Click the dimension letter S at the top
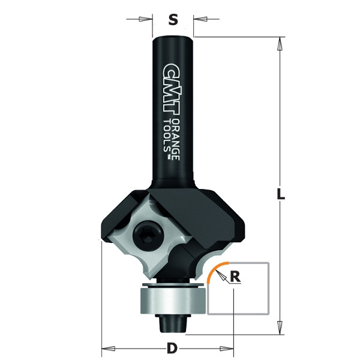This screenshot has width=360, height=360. tap(173, 20)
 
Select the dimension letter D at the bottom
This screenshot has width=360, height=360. tap(172, 348)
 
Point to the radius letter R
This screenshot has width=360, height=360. tap(235, 277)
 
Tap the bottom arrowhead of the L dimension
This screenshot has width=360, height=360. tap(280, 328)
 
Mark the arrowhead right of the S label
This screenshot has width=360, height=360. tap(199, 20)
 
